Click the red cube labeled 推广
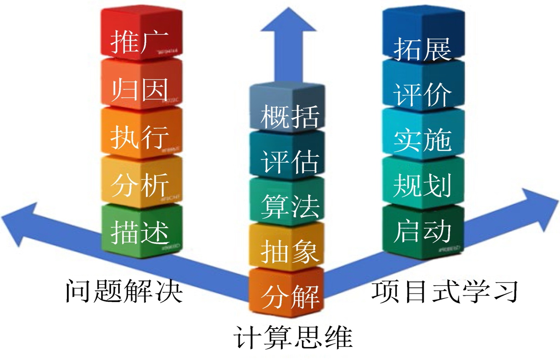click(x=141, y=34)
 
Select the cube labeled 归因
click(x=141, y=84)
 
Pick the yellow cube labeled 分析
click(x=141, y=182)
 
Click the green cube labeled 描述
click(x=141, y=231)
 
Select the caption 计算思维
click(x=293, y=337)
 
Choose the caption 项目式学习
click(x=444, y=291)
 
